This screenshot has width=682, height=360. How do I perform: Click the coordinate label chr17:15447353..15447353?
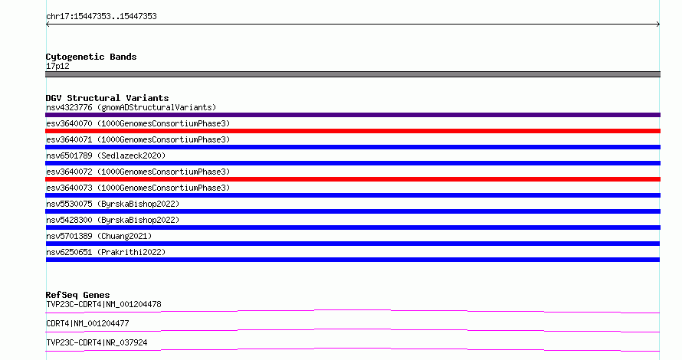101,17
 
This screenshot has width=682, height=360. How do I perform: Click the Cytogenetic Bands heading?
91,57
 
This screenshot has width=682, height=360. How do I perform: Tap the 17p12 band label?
57,66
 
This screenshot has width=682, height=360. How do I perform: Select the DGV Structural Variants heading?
107,98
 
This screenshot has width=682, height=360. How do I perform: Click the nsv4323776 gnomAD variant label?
131,107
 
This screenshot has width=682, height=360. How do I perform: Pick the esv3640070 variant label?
138,123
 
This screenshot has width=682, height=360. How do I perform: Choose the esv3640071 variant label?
138,139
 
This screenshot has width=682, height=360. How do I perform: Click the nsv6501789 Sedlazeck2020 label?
106,155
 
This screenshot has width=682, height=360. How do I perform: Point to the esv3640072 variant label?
138,172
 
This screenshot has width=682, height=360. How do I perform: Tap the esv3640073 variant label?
138,188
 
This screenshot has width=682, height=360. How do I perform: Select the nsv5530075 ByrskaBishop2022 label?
113,204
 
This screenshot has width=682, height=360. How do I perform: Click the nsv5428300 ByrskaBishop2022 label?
113,220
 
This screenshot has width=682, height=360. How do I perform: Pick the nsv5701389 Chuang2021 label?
99,236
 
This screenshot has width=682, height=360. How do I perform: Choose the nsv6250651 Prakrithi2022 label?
106,252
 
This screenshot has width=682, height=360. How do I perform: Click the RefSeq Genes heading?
77,295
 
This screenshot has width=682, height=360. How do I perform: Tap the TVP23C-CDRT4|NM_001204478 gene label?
103,304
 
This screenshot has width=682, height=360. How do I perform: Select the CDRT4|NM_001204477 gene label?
87,323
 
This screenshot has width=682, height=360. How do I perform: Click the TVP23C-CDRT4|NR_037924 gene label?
97,342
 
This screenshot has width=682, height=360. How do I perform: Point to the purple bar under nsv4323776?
352,115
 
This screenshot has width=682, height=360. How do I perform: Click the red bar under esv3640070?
352,131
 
